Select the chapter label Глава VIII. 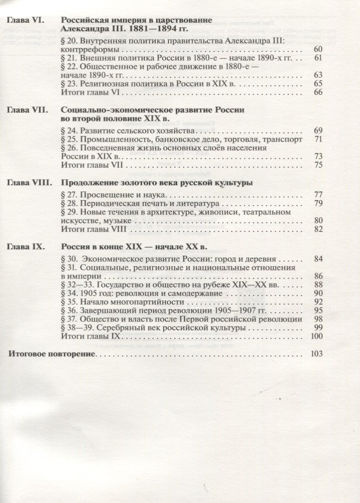tap(29, 183)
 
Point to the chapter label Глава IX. tap(26, 247)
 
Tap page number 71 tap(319, 139)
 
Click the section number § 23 tap(69, 84)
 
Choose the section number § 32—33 tap(75, 284)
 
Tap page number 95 tap(319, 311)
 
